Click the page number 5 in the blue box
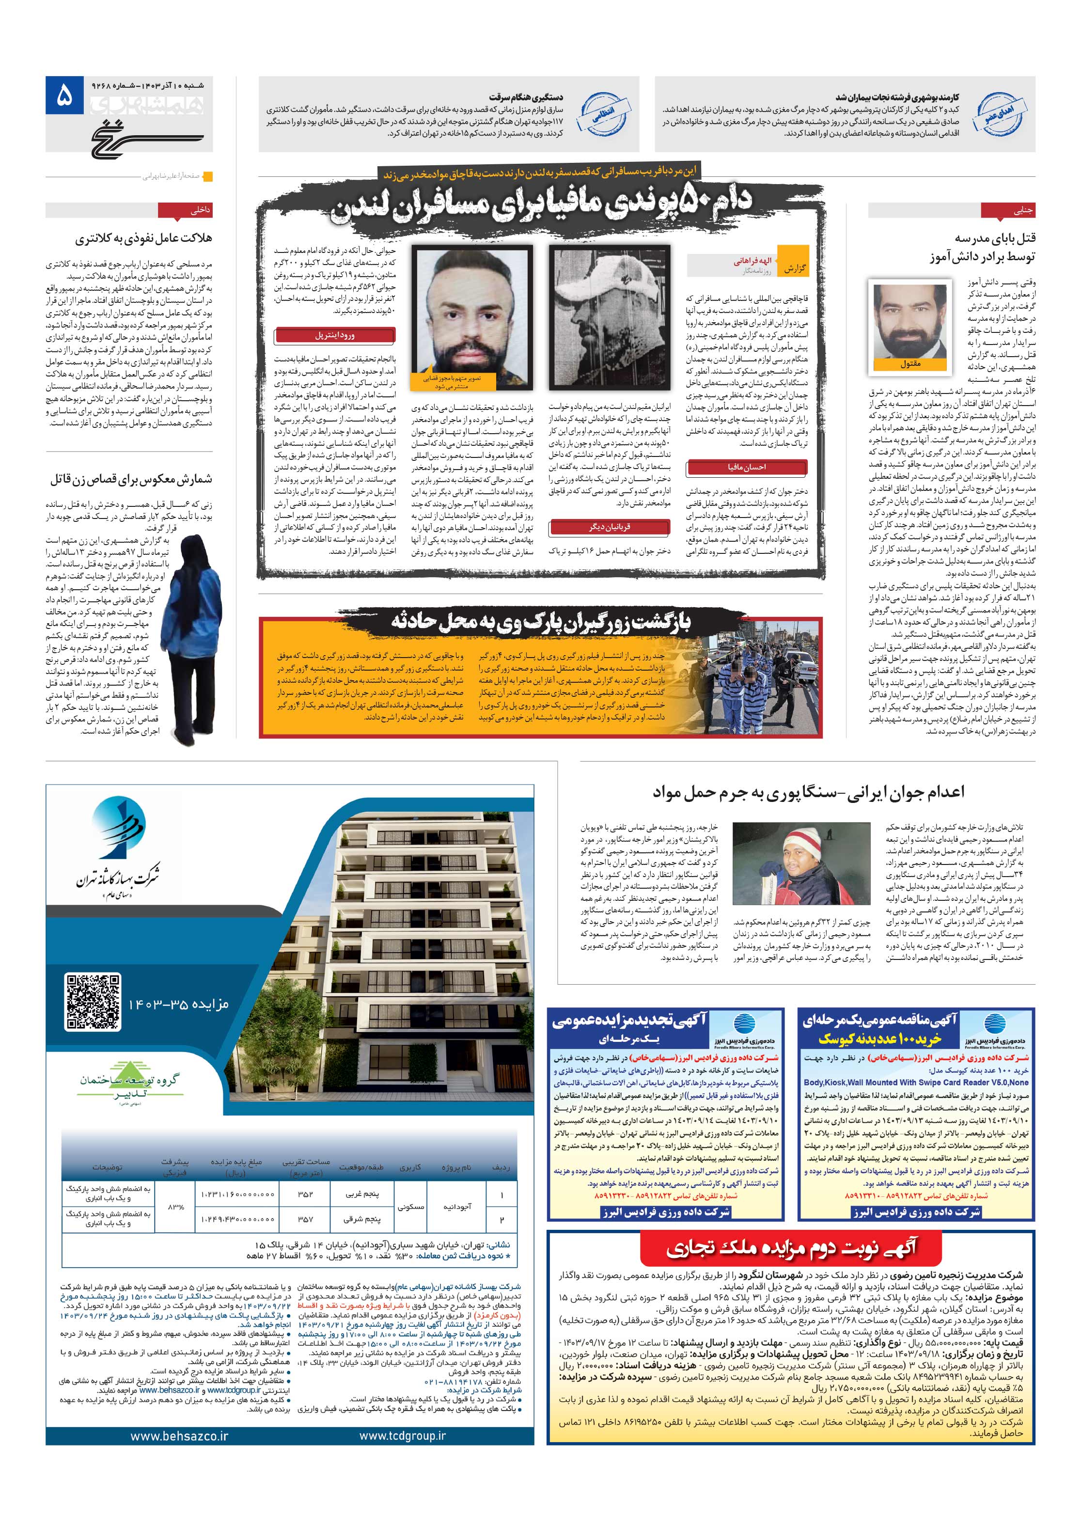point(64,97)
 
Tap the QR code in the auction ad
point(94,1000)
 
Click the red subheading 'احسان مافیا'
point(746,467)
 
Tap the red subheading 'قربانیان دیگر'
point(609,527)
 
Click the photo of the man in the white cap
point(608,316)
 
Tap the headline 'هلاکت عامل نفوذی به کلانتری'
point(143,238)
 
